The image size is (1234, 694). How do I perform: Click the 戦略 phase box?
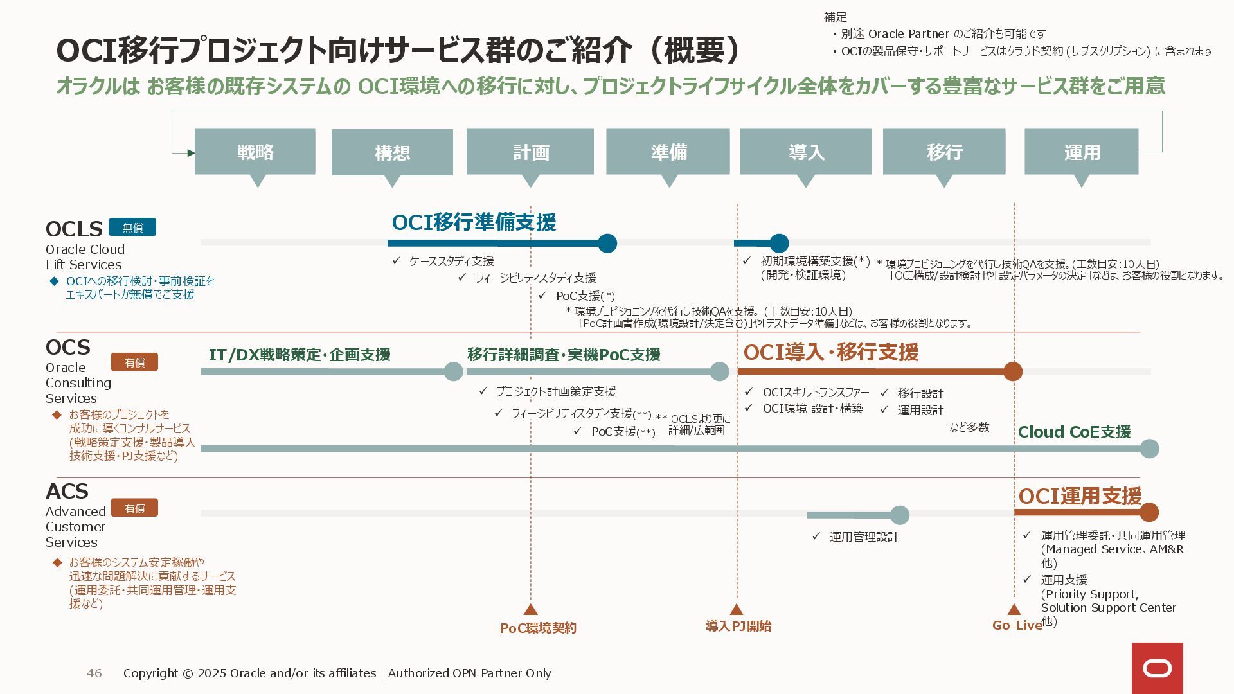[255, 152]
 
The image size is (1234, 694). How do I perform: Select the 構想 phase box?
[392, 152]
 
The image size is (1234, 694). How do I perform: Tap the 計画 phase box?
[530, 152]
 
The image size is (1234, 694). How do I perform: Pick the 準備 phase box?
[668, 152]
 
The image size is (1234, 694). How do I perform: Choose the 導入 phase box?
[806, 152]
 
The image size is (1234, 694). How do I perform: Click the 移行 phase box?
[944, 152]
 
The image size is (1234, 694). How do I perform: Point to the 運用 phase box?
[1082, 152]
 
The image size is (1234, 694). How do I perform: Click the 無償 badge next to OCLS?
[132, 227]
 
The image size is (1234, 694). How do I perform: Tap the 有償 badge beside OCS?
[134, 362]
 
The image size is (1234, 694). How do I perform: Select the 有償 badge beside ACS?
[134, 508]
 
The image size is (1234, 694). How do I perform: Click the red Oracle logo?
[1157, 668]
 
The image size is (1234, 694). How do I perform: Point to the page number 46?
[94, 673]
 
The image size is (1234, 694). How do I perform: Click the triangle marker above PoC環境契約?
[530, 609]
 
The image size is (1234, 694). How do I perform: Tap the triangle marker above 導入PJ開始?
[737, 609]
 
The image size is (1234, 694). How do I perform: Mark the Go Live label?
[1017, 625]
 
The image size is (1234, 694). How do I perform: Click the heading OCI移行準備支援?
[474, 222]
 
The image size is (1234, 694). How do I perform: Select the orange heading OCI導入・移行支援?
[830, 352]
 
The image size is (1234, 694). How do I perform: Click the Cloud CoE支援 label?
[1074, 432]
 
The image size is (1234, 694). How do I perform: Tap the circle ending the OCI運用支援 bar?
[1149, 512]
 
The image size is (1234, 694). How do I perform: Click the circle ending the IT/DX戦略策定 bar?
[453, 371]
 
